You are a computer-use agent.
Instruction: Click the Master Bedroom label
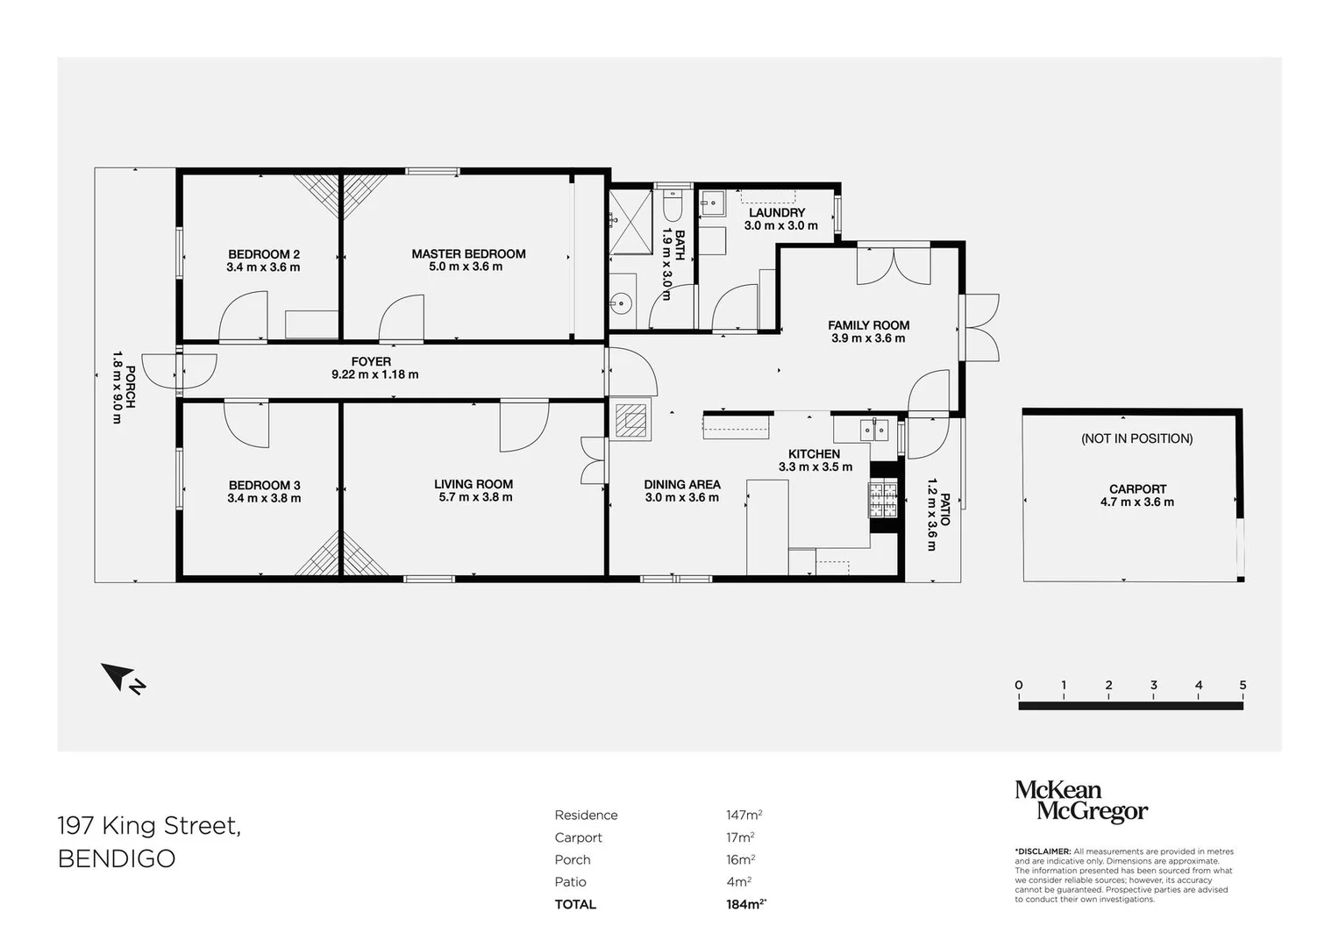click(468, 254)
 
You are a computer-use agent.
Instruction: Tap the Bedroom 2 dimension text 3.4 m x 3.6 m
click(263, 267)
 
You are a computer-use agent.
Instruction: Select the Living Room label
click(474, 484)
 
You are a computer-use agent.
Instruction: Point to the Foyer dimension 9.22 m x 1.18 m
click(374, 374)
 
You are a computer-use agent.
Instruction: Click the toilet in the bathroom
click(673, 207)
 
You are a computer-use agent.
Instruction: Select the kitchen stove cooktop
click(883, 500)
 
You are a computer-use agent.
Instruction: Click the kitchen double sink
click(873, 430)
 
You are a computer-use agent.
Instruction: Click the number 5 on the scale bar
click(1243, 686)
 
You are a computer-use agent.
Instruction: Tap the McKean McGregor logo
click(1080, 801)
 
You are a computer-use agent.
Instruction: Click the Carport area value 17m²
click(740, 837)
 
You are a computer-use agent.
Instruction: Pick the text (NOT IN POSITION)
click(1136, 438)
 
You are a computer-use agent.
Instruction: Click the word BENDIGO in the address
click(117, 858)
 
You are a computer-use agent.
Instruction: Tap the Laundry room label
click(777, 213)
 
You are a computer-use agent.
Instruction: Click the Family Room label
click(868, 325)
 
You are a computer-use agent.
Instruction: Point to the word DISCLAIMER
click(1043, 851)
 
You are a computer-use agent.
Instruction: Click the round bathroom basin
click(623, 303)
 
